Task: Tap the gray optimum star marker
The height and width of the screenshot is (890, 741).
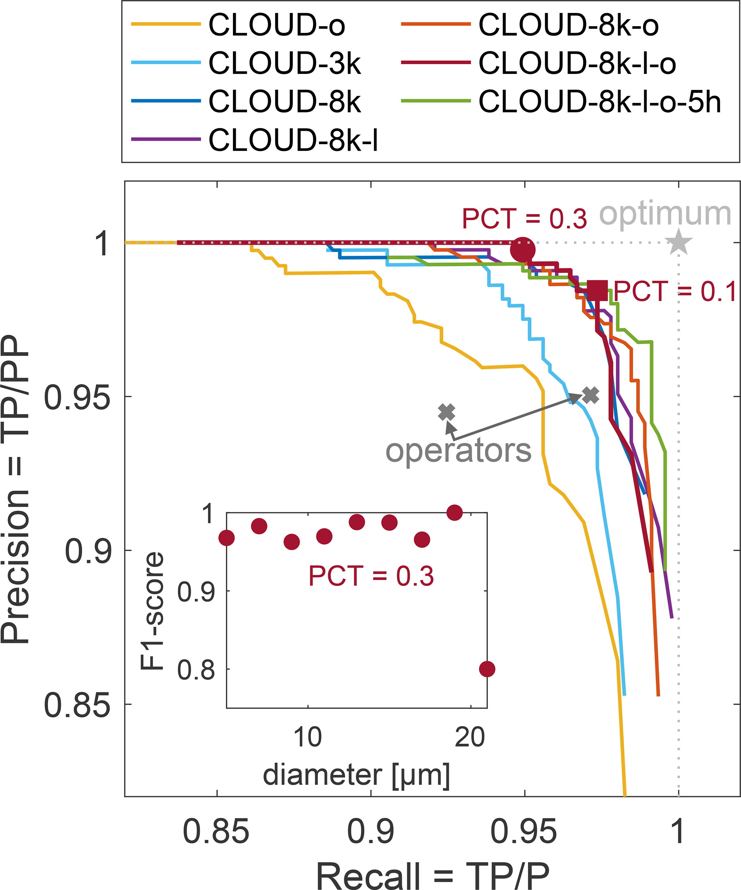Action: [x=679, y=242]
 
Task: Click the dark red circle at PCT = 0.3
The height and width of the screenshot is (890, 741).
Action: [x=523, y=250]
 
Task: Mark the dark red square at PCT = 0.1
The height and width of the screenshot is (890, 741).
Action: [x=597, y=291]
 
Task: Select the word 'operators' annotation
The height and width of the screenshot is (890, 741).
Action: [x=458, y=450]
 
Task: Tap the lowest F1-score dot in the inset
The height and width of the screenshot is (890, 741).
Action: [x=487, y=669]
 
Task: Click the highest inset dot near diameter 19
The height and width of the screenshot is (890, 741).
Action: [x=455, y=513]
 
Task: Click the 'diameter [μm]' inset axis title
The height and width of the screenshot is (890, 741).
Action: [x=356, y=774]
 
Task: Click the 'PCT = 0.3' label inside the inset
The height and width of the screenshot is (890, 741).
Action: [x=371, y=576]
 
